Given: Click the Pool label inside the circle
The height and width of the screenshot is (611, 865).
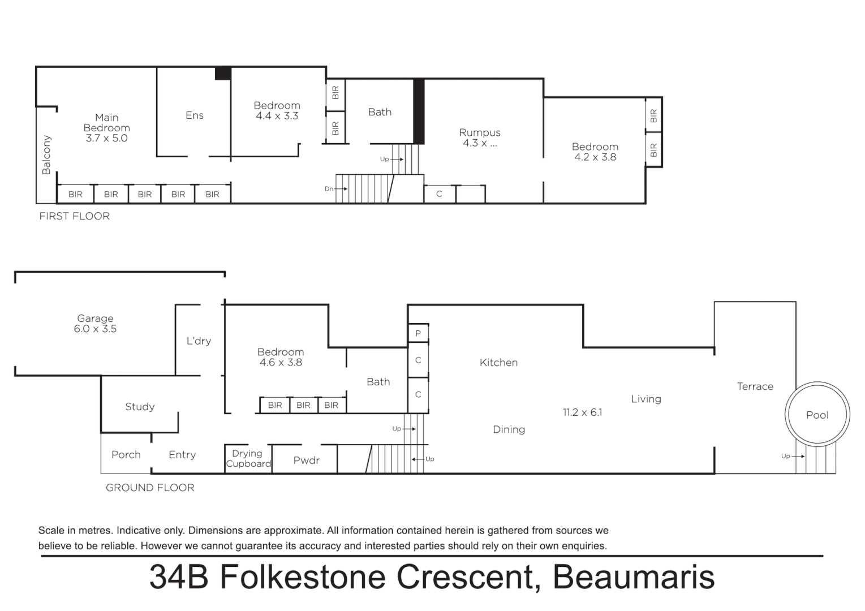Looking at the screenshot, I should (817, 415).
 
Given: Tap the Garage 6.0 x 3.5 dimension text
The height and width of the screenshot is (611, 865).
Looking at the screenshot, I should (95, 329).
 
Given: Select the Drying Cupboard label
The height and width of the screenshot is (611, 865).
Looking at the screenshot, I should (248, 459).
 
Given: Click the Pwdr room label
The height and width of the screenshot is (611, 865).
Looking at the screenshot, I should (306, 461).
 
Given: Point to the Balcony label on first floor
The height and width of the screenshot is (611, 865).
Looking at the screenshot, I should (46, 155).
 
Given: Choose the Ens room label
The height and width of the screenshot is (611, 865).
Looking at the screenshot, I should (194, 115).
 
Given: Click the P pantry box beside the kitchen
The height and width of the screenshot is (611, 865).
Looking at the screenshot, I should (418, 333).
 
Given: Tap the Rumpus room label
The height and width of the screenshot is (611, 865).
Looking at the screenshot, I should (480, 132).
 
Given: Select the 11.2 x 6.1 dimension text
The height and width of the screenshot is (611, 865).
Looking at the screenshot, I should (582, 412).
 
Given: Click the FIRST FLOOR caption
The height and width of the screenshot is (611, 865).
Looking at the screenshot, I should (74, 216).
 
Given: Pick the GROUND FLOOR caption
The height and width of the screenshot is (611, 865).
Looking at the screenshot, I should (150, 488).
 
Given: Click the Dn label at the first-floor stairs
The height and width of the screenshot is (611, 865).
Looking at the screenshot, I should (329, 189).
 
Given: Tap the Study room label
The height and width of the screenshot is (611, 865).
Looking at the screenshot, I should (140, 407).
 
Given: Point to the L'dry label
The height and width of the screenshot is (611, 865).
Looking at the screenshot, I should (199, 341).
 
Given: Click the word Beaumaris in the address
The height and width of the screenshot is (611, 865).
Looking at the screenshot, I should (633, 577).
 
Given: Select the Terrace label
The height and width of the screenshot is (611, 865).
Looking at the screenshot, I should (755, 386).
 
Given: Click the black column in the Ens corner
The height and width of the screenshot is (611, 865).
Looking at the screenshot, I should (223, 74).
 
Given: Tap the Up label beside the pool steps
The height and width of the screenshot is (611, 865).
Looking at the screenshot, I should (785, 456).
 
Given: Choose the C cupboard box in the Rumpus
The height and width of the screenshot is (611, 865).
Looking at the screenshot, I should (439, 194).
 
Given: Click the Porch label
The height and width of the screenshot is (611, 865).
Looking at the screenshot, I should (126, 455).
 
